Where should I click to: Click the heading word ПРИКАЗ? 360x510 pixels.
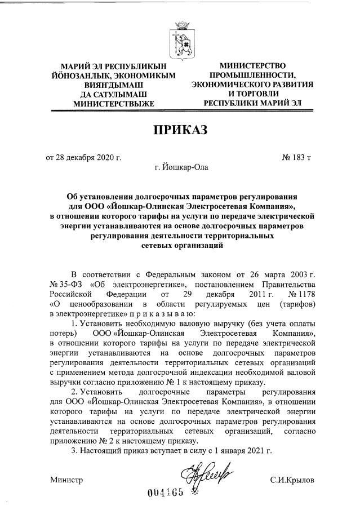pos(180,130)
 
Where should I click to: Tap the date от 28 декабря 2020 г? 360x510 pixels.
pos(83,157)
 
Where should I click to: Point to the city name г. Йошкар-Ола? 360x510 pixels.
pos(181,167)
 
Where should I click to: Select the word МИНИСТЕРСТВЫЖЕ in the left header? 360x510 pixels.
pos(113,104)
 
